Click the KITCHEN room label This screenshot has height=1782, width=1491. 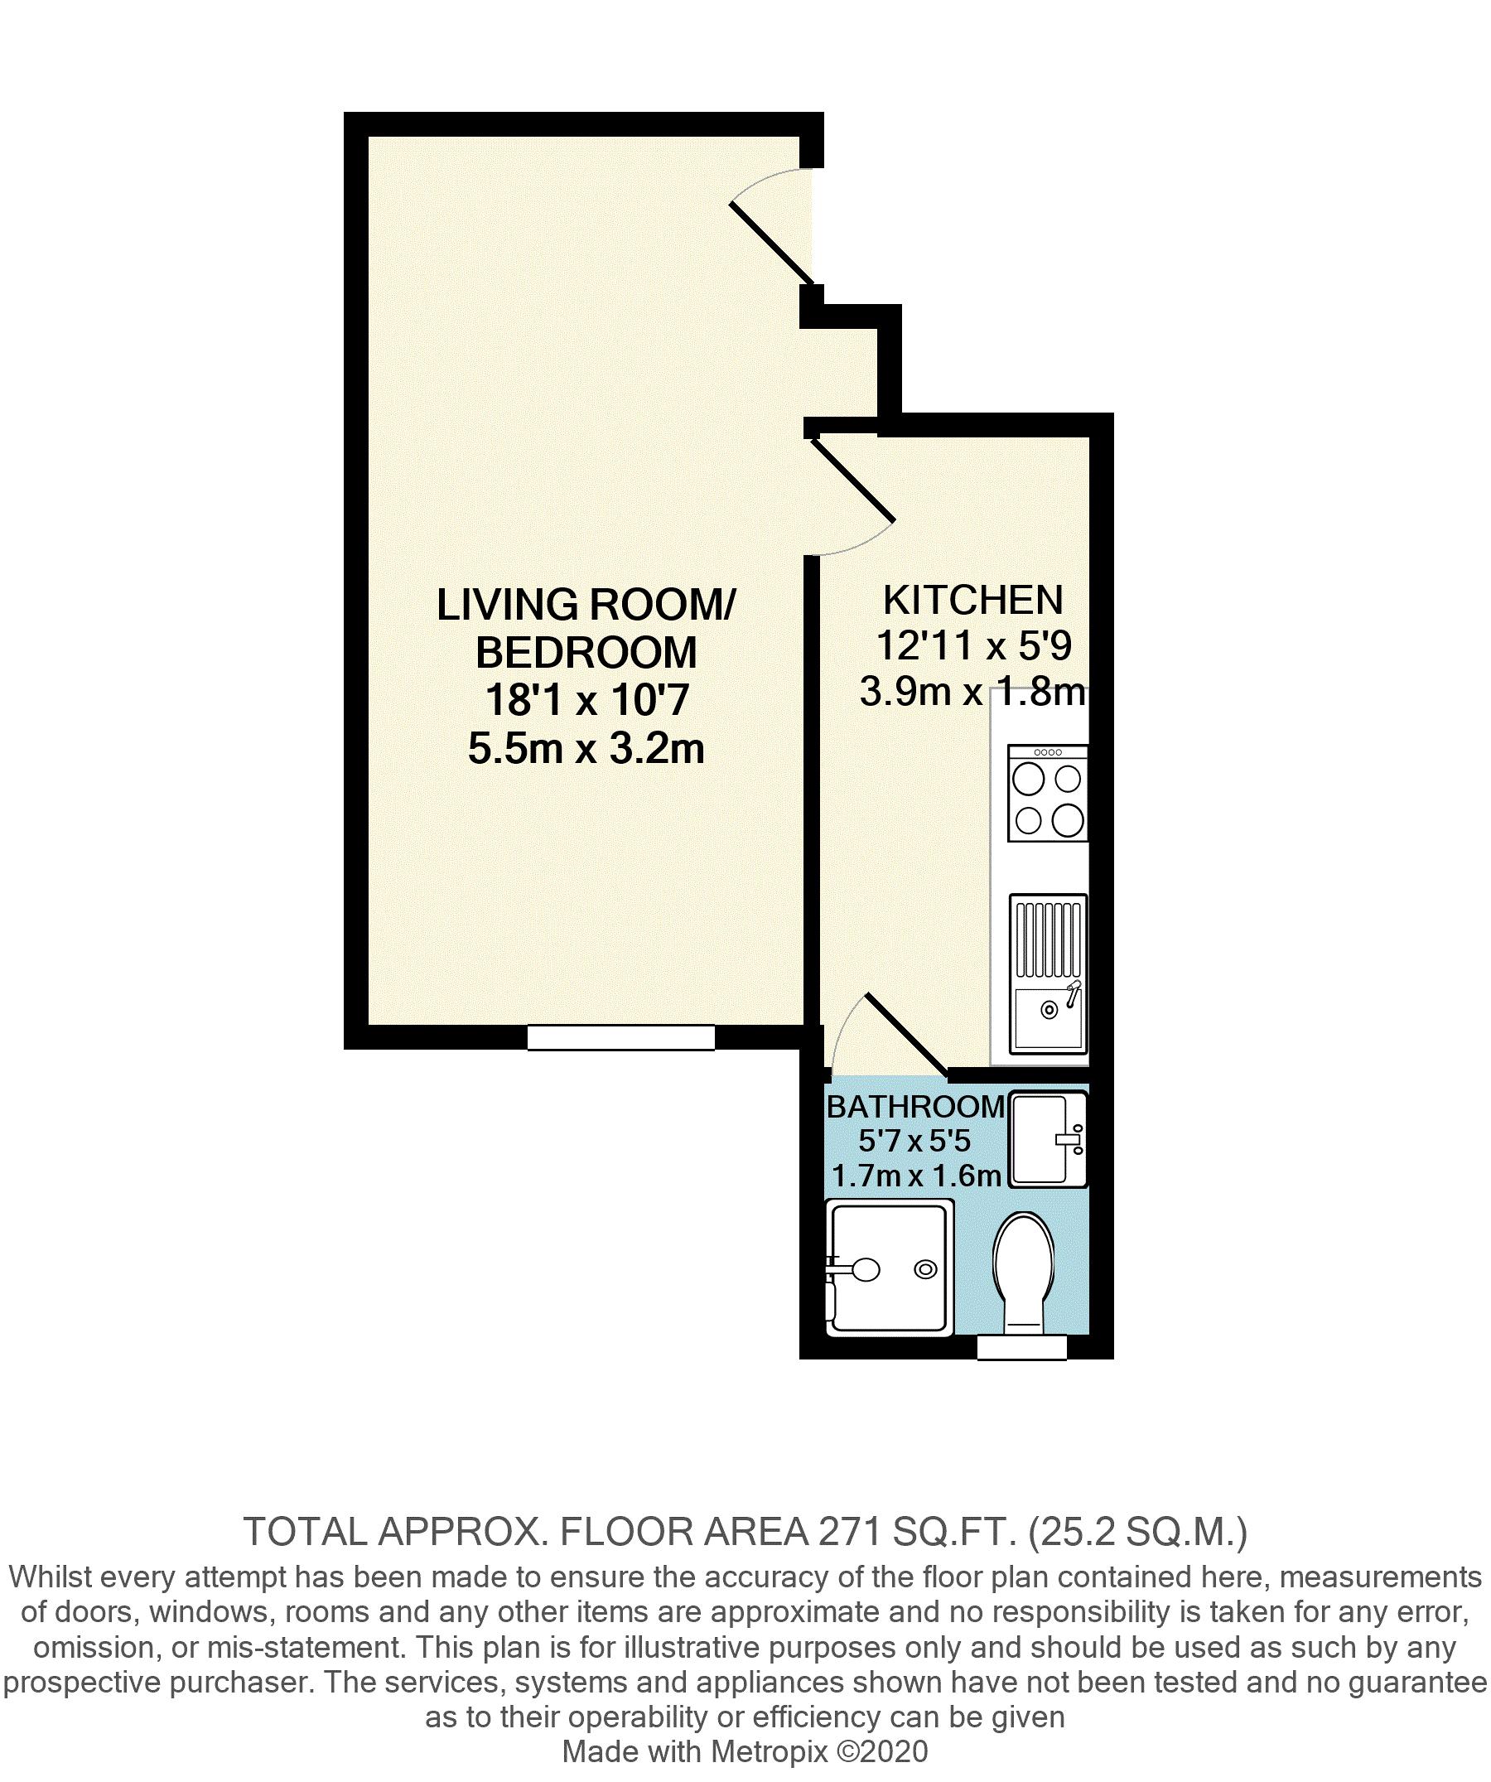(x=972, y=600)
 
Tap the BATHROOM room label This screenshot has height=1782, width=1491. (x=915, y=1107)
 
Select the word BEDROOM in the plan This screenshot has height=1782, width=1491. (x=586, y=653)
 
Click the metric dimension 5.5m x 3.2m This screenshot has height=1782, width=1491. (x=586, y=749)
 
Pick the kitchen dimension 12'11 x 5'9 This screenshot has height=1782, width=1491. (x=973, y=647)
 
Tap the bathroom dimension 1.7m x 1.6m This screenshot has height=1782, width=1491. (x=915, y=1176)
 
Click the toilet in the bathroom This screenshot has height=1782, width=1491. (x=1028, y=1272)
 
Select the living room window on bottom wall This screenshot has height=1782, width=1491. (x=620, y=1038)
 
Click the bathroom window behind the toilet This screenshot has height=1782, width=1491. (x=1021, y=1347)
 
